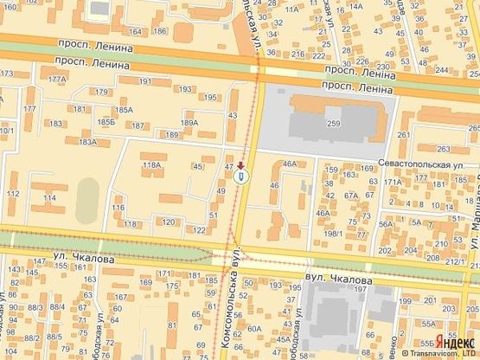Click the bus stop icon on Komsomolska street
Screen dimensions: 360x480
click(x=241, y=177)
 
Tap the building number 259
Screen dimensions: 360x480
click(x=334, y=125)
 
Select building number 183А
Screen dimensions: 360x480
click(x=87, y=142)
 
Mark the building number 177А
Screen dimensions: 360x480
click(x=57, y=80)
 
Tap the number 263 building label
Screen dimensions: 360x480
click(x=444, y=150)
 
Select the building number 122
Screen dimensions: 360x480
click(x=198, y=230)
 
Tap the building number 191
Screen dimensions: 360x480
click(x=144, y=81)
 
